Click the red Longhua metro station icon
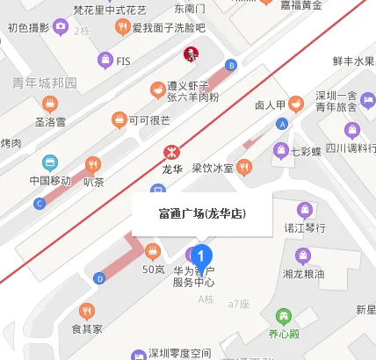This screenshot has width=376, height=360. pos(170,148)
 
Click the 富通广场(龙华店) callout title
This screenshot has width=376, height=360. pos(202,213)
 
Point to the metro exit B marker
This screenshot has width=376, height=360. pos(231,64)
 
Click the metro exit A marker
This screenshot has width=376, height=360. pos(282,124)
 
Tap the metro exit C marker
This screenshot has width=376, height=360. pos(39,203)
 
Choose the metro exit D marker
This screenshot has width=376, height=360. pos(99,279)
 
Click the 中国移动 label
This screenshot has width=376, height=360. pos(50,182)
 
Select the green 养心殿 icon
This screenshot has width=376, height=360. pos(283,316)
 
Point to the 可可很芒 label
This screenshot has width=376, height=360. pos(148,120)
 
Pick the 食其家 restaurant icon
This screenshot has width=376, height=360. pos(86,311)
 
